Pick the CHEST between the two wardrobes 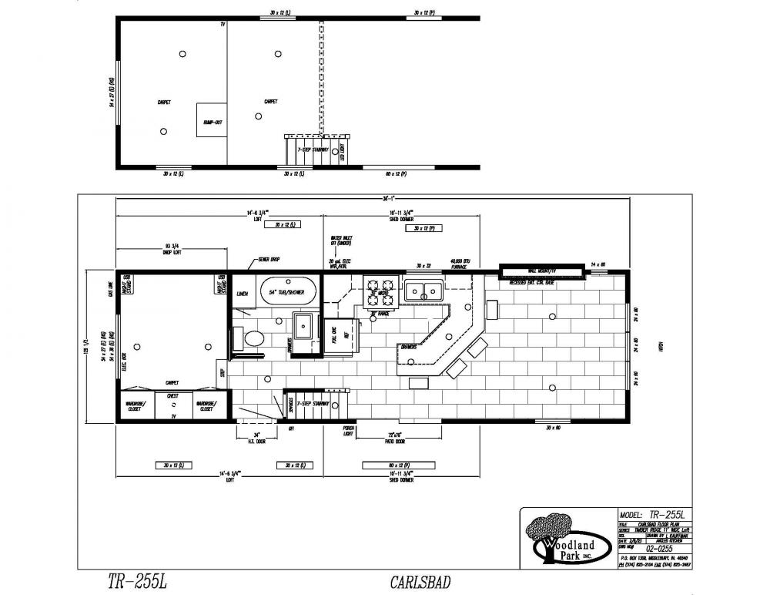click(x=173, y=396)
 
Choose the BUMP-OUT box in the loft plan click(x=212, y=120)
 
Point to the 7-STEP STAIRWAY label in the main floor click(x=313, y=403)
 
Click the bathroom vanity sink click(x=303, y=327)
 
